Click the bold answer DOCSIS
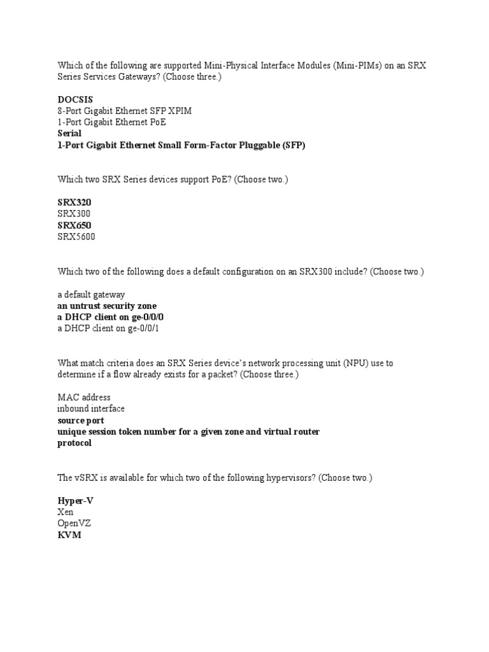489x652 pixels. coord(75,99)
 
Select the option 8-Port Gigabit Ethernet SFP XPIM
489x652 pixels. coord(124,111)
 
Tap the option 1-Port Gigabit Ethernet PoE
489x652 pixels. coord(111,122)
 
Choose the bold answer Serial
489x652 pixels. coord(69,134)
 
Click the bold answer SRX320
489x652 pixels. coord(74,202)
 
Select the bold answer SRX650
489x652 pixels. coord(74,225)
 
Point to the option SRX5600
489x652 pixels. coord(76,237)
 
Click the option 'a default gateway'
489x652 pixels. coord(91,294)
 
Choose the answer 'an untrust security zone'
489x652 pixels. coord(107,306)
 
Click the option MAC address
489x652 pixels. coord(83,397)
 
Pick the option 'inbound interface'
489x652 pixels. coord(91,409)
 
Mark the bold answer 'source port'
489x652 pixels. coord(81,420)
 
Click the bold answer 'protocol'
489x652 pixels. coord(74,443)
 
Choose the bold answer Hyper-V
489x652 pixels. coord(75,500)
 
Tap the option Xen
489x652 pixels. coord(66,512)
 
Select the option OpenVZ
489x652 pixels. coord(75,523)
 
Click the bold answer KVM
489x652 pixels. coord(69,535)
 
